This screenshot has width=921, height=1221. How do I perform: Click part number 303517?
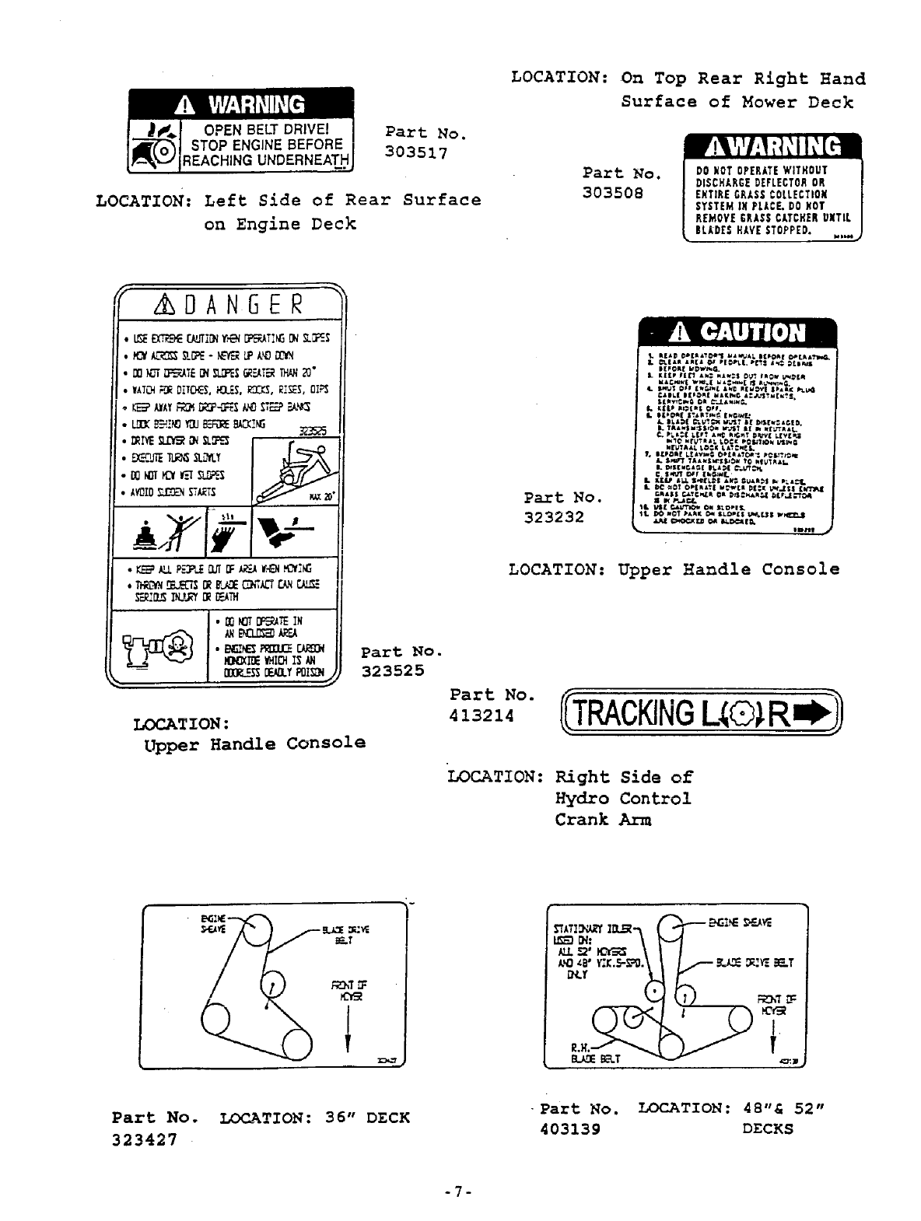[417, 153]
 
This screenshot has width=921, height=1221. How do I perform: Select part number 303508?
[613, 192]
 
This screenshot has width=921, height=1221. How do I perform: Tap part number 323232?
[554, 516]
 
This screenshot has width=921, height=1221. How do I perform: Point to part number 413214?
[482, 715]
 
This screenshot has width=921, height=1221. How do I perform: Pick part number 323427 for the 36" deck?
[144, 1139]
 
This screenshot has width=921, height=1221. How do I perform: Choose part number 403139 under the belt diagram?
[569, 1128]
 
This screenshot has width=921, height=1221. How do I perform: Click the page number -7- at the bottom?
[460, 1191]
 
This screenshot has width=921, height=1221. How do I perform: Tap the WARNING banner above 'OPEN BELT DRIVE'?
[240, 104]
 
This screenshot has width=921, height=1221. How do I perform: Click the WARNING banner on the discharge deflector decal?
[771, 147]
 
